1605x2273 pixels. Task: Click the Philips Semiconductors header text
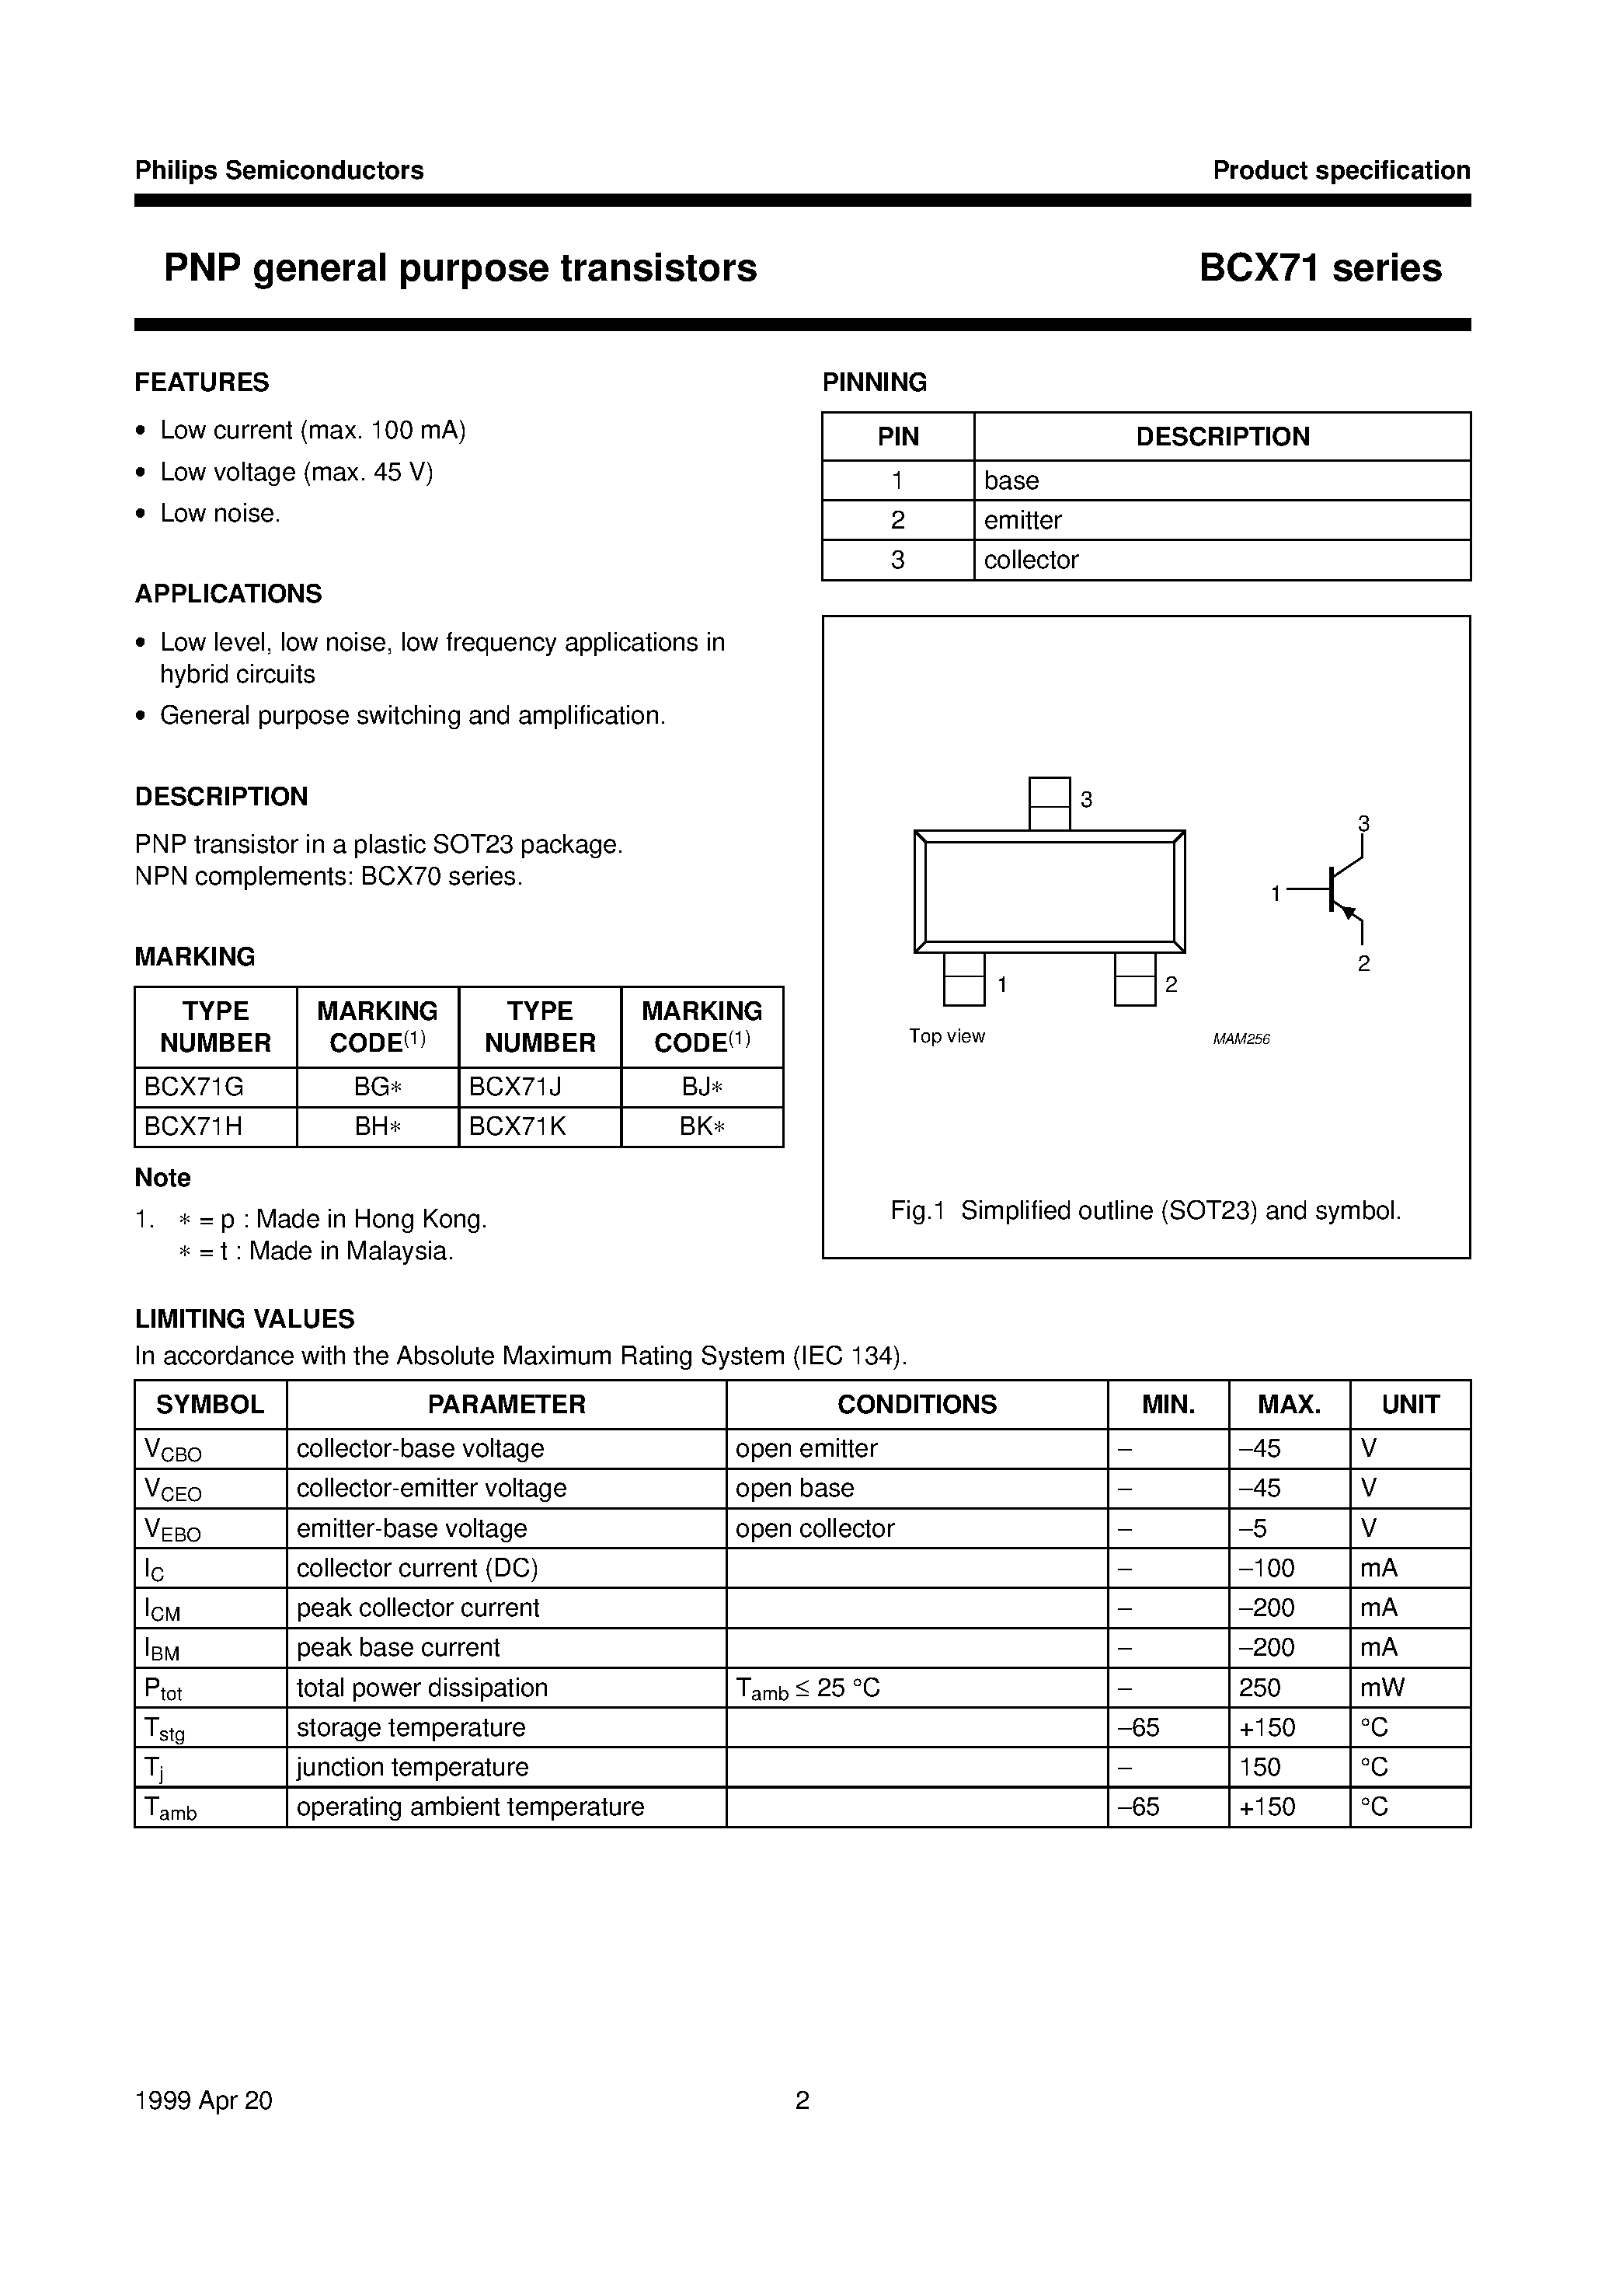click(x=279, y=170)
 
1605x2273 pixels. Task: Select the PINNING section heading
click(x=874, y=382)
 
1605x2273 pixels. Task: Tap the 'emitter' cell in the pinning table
click(x=1022, y=520)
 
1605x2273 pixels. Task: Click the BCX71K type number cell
click(x=517, y=1126)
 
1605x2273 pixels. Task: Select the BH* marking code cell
click(x=377, y=1126)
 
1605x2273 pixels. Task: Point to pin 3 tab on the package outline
click(x=1049, y=803)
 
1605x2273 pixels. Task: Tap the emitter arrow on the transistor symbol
click(x=1348, y=910)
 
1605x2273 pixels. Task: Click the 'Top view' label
click(x=946, y=1036)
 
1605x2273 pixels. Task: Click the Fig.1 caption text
click(x=1145, y=1211)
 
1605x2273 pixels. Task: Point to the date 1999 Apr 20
click(x=203, y=2100)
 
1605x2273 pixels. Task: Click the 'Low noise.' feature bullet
click(x=220, y=513)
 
